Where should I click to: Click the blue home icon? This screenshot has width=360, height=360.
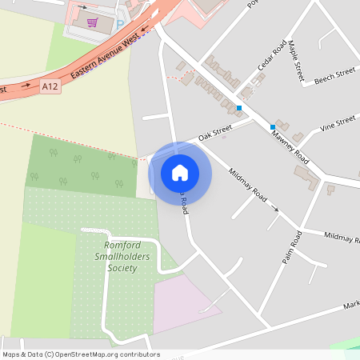(180, 172)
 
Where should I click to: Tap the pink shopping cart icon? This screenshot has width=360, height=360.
(93, 22)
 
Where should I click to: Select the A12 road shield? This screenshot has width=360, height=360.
(50, 85)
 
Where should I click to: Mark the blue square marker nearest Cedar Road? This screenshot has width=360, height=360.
(238, 107)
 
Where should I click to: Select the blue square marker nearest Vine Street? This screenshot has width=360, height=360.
(273, 126)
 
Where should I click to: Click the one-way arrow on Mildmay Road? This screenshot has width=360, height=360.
(276, 209)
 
